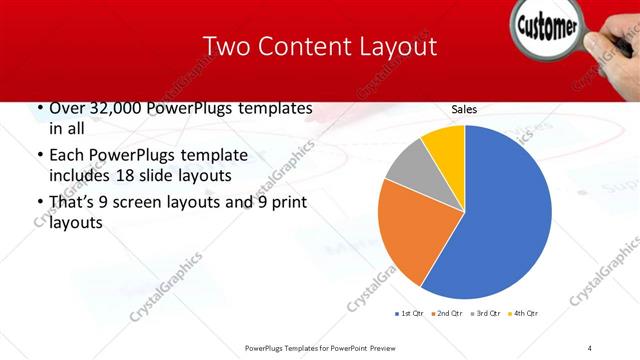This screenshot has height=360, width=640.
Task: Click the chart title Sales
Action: click(464, 109)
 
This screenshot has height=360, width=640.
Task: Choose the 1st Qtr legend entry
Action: click(411, 314)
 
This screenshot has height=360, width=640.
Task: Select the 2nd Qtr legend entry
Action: click(446, 314)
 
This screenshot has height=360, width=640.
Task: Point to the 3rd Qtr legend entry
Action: click(485, 314)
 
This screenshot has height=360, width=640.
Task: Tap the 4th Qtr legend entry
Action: click(523, 314)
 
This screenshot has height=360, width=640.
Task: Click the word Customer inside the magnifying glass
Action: click(549, 27)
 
